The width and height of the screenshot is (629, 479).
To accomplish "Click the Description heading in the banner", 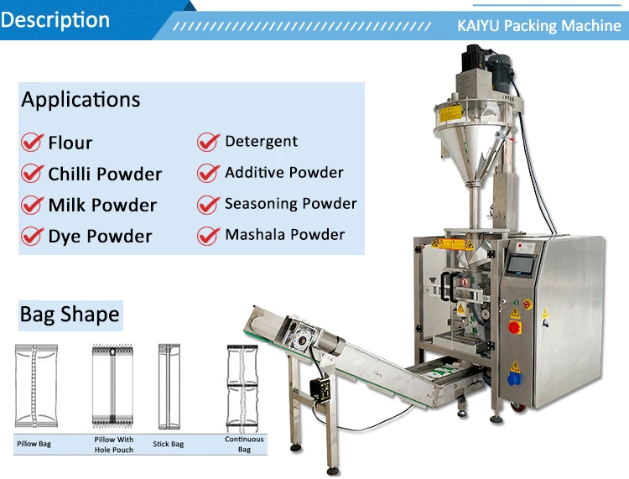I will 55,20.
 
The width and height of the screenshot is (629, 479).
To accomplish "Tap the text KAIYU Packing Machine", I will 539,26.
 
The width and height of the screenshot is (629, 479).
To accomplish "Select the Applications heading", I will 81,100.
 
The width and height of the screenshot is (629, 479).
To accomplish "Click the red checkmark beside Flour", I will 31,143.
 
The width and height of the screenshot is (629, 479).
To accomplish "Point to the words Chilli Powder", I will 105,174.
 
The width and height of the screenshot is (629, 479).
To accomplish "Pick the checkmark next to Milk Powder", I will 31,206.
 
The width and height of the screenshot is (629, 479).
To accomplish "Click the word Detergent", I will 261,142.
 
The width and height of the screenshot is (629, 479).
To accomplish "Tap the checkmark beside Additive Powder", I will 208,174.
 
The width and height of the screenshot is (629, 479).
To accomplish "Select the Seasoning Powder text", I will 290,204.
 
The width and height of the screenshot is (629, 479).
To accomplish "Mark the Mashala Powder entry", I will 284,235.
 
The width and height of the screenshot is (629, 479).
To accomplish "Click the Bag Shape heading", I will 70,315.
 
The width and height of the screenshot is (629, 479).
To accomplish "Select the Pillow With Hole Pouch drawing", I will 112,386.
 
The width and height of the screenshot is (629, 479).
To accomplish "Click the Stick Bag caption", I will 168,444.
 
